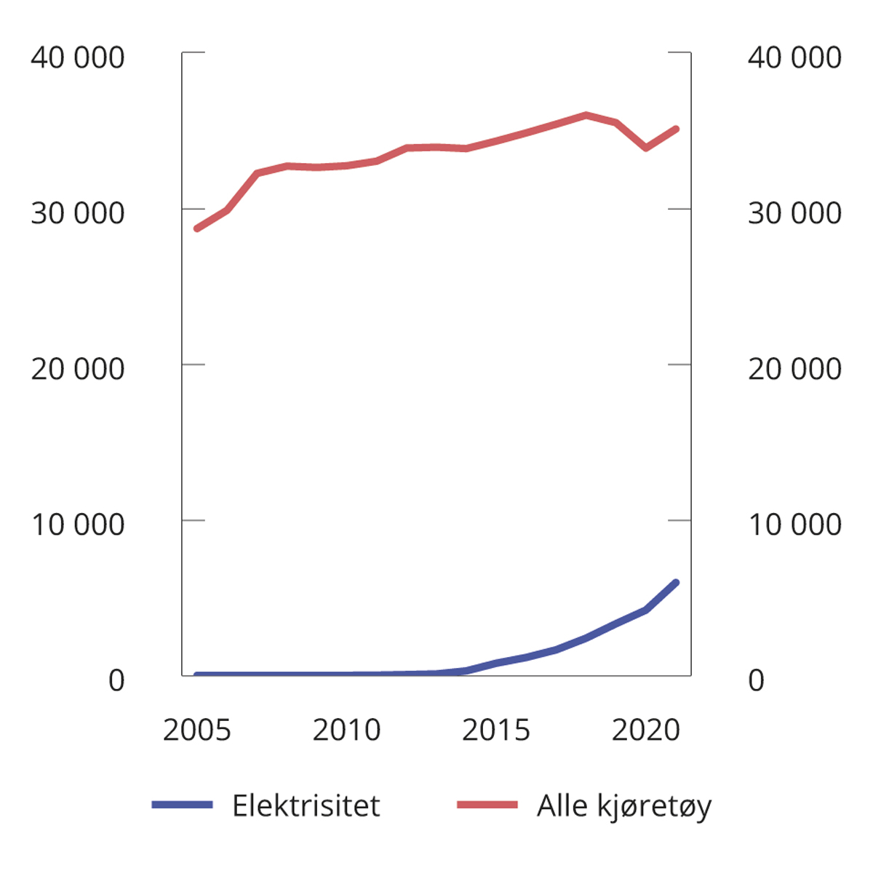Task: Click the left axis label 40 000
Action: click(77, 57)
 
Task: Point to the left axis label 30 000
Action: click(77, 213)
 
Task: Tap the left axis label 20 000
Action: click(77, 369)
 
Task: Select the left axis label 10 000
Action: click(77, 525)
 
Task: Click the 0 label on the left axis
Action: click(116, 680)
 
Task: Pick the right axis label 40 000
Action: click(794, 57)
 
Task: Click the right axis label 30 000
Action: click(794, 213)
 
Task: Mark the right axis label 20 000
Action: click(794, 369)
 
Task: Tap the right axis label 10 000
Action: click(794, 525)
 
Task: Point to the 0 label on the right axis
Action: click(756, 680)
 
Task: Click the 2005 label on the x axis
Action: click(196, 730)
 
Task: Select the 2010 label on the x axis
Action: click(346, 730)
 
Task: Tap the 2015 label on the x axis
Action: click(496, 730)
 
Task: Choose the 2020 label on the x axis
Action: click(646, 730)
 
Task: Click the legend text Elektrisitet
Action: click(306, 806)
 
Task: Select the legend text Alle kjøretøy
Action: click(623, 806)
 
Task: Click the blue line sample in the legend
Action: click(182, 805)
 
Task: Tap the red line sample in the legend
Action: click(487, 805)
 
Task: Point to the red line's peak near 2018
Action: click(586, 115)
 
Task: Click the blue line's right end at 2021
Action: click(676, 583)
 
